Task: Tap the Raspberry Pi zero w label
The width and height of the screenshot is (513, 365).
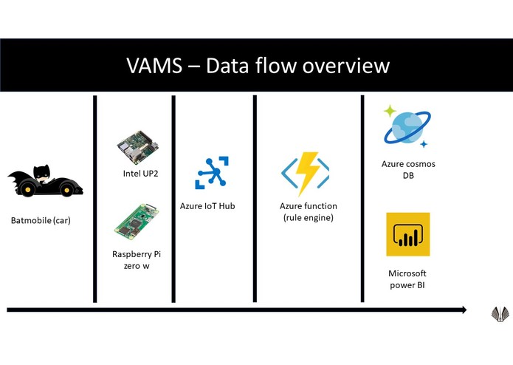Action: coord(137,260)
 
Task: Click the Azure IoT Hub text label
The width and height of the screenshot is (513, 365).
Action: coord(207,206)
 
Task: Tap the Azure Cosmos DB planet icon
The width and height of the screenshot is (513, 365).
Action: coord(405,126)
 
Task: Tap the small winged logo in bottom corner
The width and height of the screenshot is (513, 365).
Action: coord(500,313)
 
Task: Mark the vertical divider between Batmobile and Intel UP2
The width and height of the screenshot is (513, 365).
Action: coord(95,199)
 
